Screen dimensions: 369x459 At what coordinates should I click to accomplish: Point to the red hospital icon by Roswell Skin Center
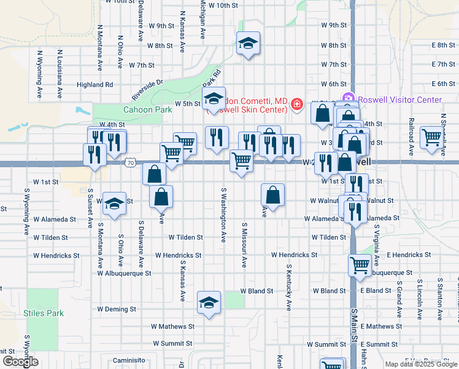297,105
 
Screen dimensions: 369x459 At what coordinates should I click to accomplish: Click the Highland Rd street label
95,85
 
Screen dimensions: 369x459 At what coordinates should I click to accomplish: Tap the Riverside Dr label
147,89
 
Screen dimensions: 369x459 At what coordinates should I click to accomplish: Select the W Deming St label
117,309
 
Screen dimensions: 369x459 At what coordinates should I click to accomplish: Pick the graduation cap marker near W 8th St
248,43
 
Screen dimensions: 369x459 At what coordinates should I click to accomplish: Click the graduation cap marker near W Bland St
209,302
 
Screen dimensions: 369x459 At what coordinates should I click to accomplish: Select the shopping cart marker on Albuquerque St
360,265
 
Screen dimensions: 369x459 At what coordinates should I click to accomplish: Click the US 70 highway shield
129,163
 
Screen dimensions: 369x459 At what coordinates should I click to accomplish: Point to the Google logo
20,362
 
